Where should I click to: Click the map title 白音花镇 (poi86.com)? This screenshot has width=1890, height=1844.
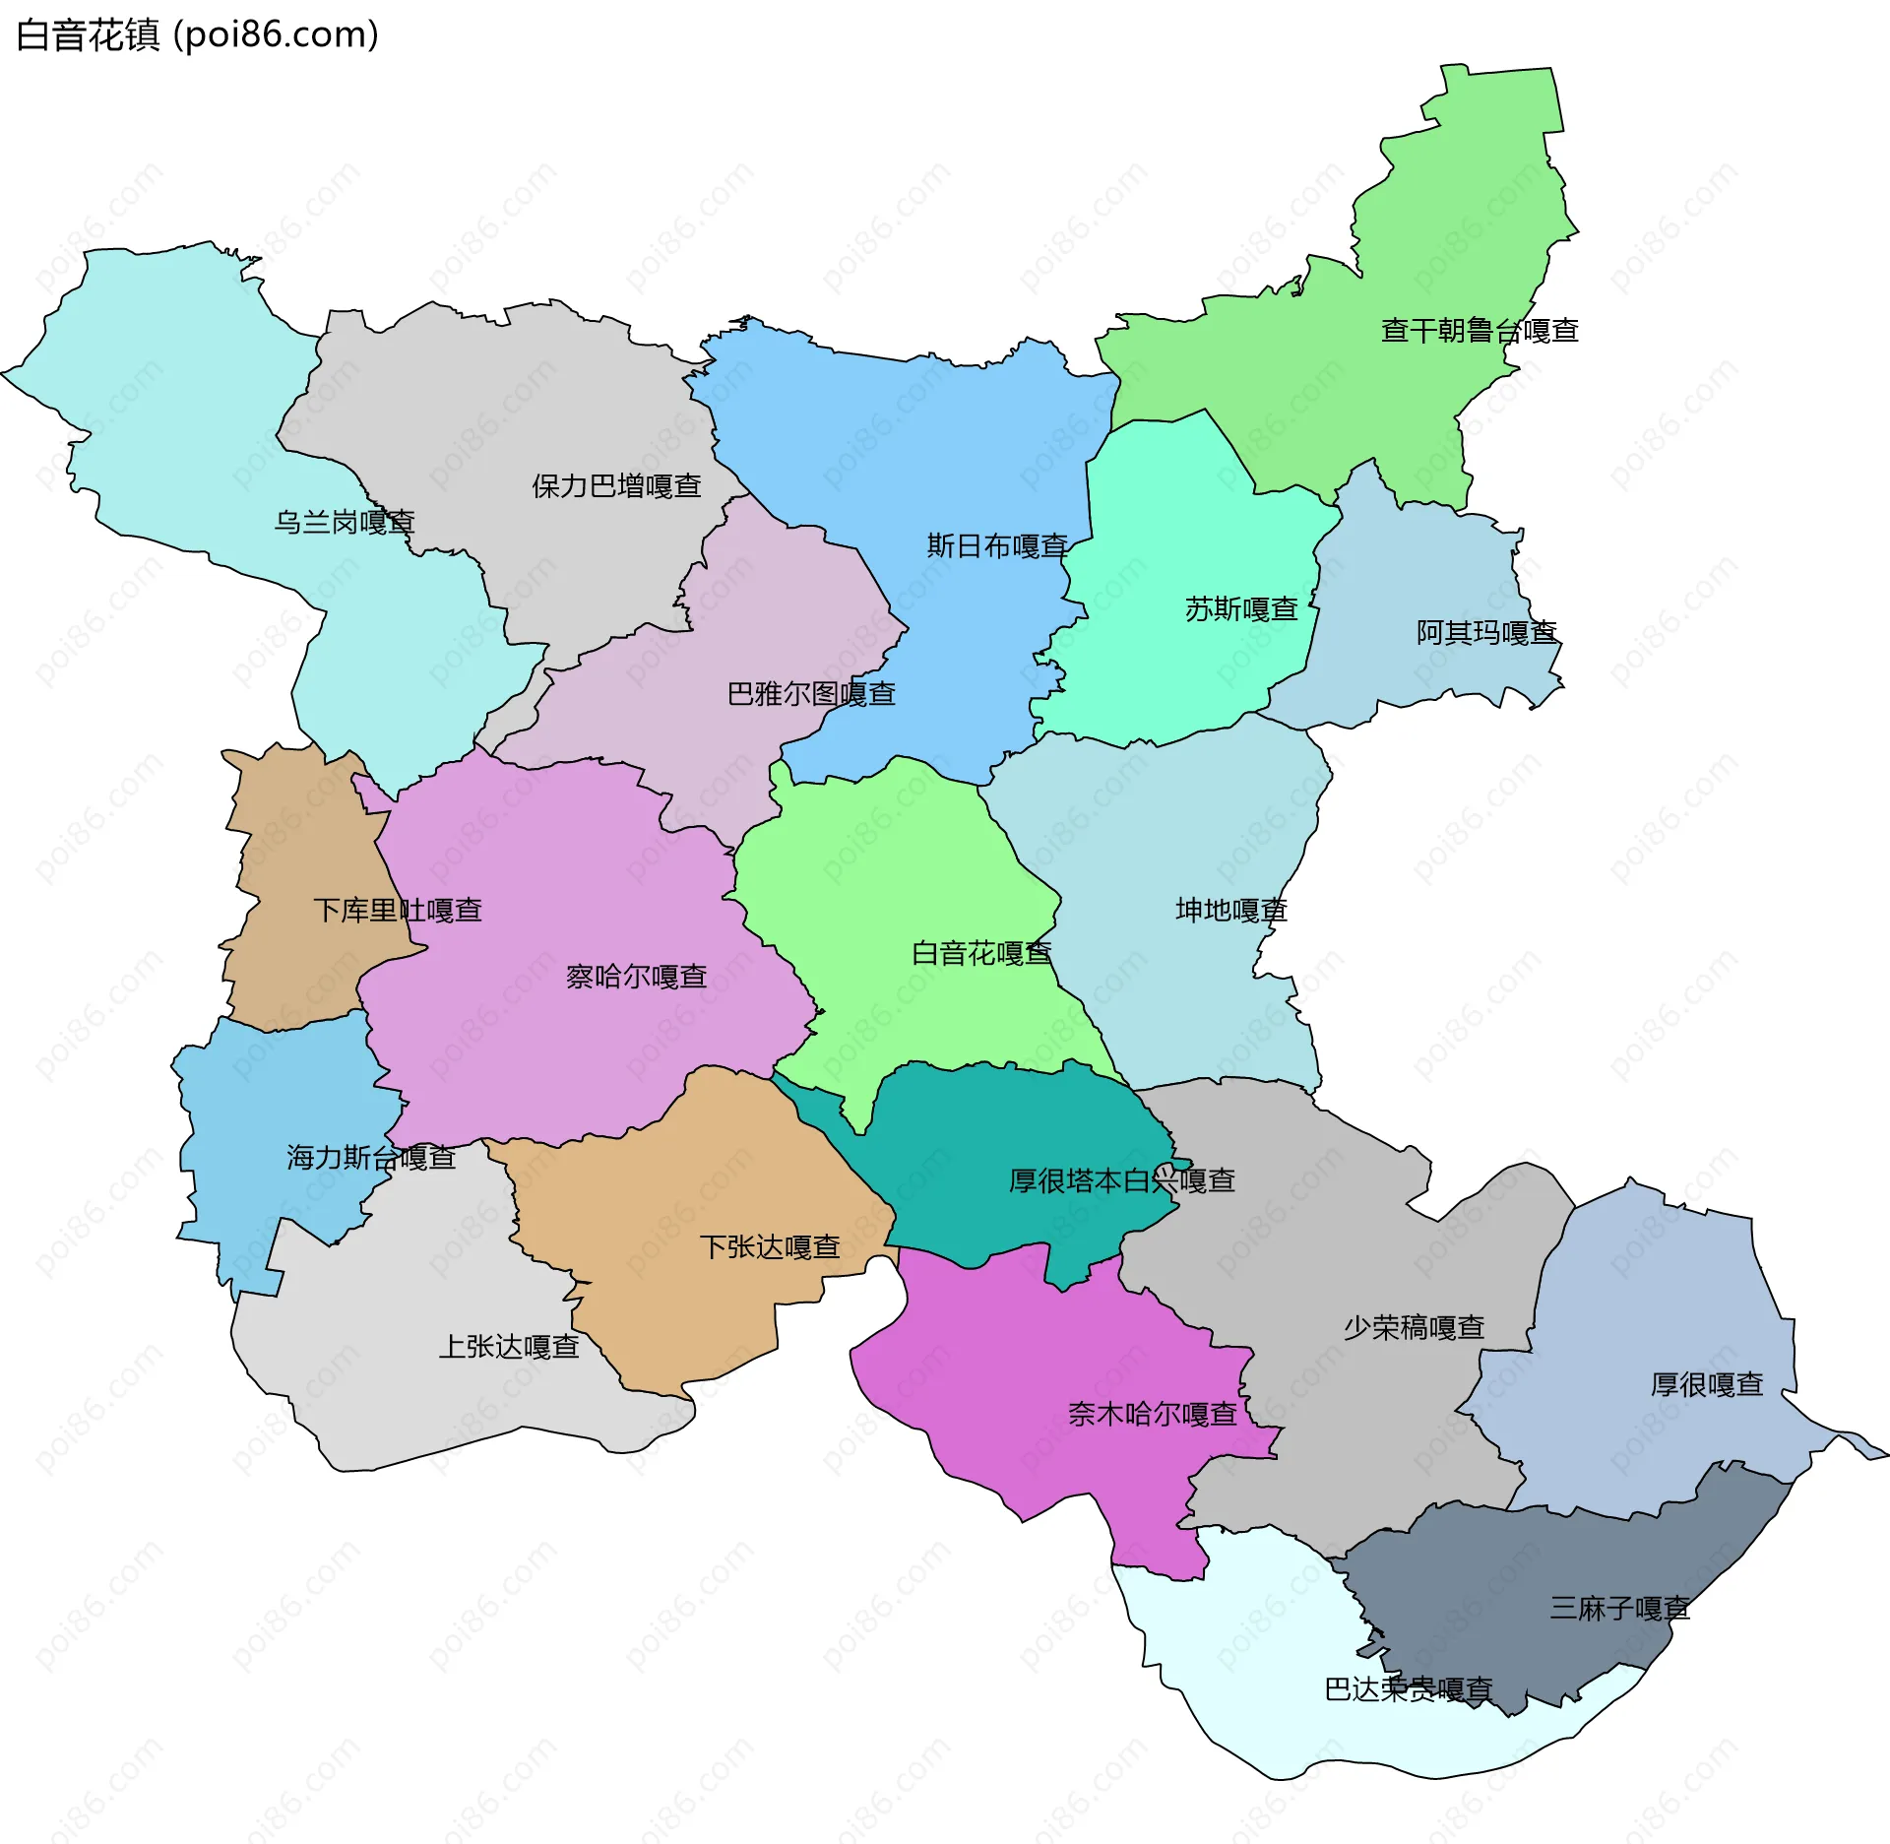(x=197, y=35)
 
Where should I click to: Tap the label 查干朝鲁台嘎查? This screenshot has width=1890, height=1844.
(x=1480, y=331)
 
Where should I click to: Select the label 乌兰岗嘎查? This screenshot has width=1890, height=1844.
(x=345, y=522)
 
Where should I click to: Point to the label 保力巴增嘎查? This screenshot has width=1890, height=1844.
(x=616, y=486)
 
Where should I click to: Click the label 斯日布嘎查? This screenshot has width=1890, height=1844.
(x=997, y=545)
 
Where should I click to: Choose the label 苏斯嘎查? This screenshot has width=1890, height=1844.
(x=1241, y=609)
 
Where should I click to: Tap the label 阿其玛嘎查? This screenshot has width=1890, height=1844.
(x=1486, y=632)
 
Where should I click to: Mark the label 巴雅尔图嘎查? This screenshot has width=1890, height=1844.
(x=811, y=694)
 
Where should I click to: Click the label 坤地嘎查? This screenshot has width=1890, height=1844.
(x=1231, y=910)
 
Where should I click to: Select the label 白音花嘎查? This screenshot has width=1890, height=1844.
(x=981, y=953)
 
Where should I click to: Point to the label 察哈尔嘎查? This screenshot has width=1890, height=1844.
(x=636, y=977)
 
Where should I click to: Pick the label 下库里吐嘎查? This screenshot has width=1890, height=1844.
(x=398, y=910)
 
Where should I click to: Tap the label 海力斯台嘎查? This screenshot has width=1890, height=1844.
(x=371, y=1158)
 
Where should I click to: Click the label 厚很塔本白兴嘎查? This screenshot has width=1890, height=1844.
(x=1121, y=1180)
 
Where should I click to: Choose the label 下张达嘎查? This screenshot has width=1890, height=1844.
(x=770, y=1247)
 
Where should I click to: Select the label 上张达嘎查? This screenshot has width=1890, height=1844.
(x=508, y=1346)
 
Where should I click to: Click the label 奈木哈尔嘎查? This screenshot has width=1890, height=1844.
(x=1152, y=1415)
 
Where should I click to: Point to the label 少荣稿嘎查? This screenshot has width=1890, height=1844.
(x=1414, y=1328)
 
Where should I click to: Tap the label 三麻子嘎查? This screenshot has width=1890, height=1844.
(x=1619, y=1609)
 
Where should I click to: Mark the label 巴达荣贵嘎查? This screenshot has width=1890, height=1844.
(x=1408, y=1689)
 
